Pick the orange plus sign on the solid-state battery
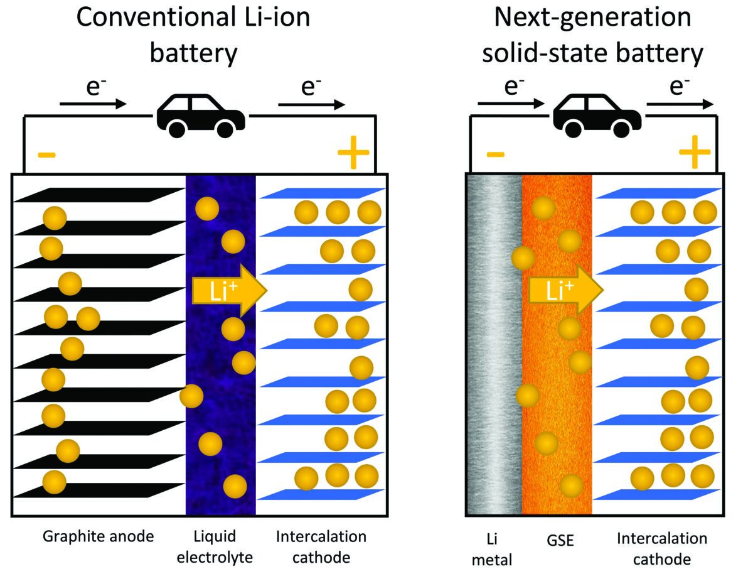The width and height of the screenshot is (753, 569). point(694,153)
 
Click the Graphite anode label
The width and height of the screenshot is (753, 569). point(98,537)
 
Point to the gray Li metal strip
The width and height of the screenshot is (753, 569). point(494,345)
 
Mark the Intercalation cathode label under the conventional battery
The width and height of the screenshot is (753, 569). point(321,547)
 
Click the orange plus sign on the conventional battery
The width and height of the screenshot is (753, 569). point(354,153)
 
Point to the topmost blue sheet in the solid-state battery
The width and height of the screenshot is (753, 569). point(656,194)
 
